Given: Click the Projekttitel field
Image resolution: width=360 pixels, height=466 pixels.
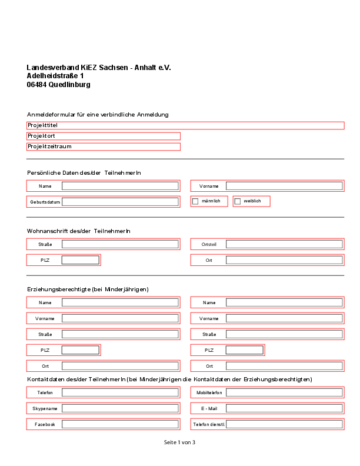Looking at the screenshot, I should [x=185, y=125].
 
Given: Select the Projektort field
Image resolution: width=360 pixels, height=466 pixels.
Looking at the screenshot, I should [x=104, y=136].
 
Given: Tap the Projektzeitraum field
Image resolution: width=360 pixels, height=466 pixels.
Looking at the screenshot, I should [x=104, y=147].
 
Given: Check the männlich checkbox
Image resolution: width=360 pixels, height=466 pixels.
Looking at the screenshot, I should [x=195, y=201].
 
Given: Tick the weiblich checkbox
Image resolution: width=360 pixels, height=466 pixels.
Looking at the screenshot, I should [x=238, y=201].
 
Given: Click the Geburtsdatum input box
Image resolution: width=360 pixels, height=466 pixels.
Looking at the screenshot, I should [x=120, y=202].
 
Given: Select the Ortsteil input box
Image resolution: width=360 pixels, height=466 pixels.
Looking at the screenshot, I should [x=284, y=244].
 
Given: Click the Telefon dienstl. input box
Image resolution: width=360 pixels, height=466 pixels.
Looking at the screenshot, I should [x=284, y=424].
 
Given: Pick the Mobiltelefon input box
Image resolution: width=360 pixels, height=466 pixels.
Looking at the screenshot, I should [x=284, y=392].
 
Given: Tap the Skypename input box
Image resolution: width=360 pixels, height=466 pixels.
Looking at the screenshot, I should [x=120, y=408].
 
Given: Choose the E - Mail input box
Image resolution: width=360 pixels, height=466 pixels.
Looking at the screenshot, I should [x=284, y=408].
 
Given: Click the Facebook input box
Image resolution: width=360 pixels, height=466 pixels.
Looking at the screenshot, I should [x=120, y=424].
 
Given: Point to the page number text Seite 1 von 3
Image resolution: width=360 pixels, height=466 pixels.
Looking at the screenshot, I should [x=179, y=442].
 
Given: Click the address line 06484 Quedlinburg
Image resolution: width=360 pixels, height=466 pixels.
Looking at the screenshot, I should [x=58, y=85].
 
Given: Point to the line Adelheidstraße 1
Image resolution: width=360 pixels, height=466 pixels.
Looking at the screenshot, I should [x=55, y=76].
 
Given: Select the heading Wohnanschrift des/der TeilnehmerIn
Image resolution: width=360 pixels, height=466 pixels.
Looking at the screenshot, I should [x=79, y=231].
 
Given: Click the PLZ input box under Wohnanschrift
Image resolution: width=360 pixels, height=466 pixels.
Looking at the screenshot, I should [x=81, y=260].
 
